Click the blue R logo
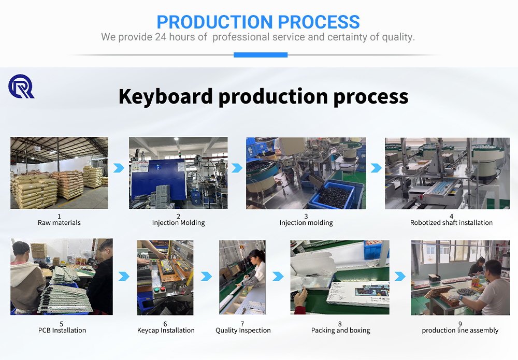pos(21,87)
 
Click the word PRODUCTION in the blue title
pos(215,22)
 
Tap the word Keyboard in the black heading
pos(166,96)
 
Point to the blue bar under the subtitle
pos(261,55)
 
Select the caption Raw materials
pos(59,223)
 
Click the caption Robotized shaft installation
pos(451,223)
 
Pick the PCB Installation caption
pos(62,330)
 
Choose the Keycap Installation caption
pos(166,330)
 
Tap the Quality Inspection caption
pos(243,330)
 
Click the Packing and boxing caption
pos(341,330)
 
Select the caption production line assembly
pos(460,330)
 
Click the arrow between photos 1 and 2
pos(119,168)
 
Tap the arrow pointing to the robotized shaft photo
pos(376,168)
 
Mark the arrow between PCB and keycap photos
pos(124,276)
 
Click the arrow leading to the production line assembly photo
pos(400,276)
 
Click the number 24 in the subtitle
pos(161,37)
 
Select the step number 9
pos(460,324)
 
